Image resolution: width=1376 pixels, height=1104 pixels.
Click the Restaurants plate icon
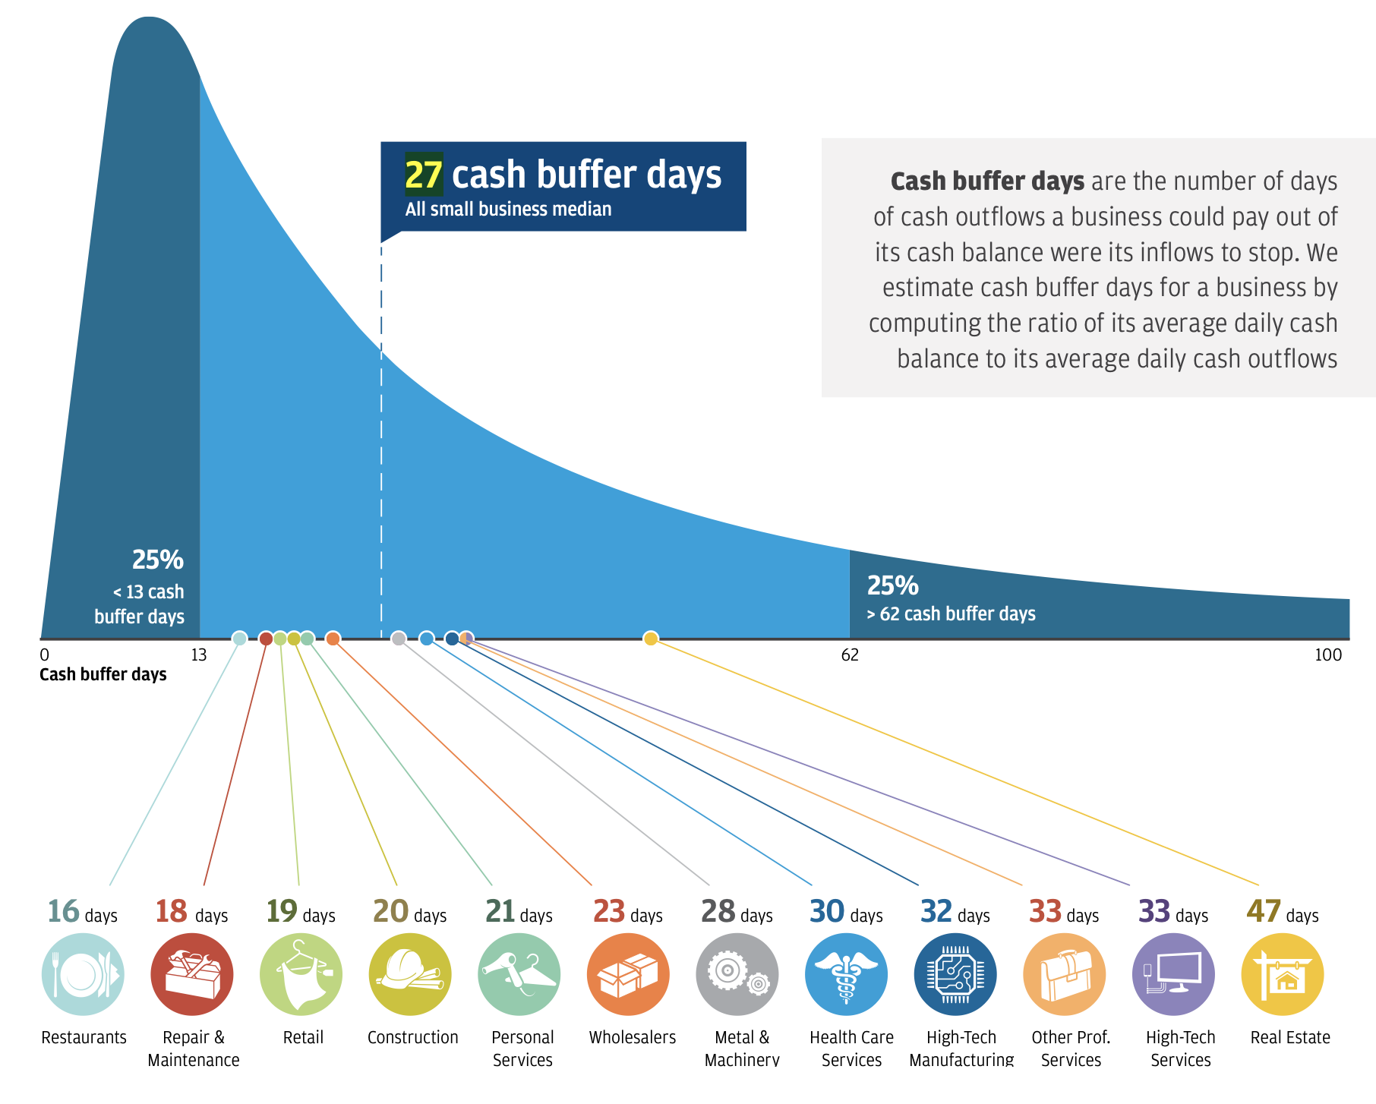point(83,974)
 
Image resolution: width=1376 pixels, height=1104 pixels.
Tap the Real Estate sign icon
point(1282,974)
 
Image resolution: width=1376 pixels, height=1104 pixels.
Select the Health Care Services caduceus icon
point(846,974)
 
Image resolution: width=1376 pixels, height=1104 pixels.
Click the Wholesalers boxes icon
point(628,974)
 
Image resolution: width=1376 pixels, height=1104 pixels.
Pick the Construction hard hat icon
point(410,974)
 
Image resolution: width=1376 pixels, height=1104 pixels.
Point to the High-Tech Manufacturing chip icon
point(955,974)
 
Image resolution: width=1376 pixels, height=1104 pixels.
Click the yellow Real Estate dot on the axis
point(651,639)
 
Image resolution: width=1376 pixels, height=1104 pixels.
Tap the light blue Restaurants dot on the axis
point(239,639)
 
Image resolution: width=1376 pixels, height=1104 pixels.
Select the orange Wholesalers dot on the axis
point(333,639)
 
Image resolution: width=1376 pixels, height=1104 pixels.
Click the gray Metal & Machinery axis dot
point(399,639)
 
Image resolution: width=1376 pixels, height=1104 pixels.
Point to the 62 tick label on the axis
point(850,655)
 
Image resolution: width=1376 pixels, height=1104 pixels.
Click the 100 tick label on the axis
point(1328,655)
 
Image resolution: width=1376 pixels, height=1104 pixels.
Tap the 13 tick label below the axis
point(198,655)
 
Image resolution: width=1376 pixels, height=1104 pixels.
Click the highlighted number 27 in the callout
point(423,175)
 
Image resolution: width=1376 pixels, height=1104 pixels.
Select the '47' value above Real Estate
point(1264,911)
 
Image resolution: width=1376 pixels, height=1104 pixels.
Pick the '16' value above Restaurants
point(63,911)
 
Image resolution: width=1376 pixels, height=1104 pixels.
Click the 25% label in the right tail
point(893,585)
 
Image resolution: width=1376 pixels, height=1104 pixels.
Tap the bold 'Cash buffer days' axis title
point(103,674)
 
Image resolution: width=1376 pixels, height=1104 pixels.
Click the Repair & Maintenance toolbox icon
point(192,974)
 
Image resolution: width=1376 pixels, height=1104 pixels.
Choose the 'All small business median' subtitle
point(508,210)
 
